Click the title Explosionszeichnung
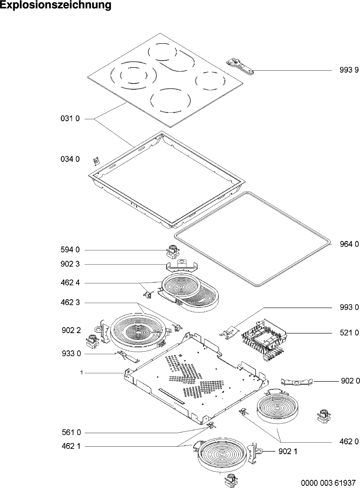(56, 5)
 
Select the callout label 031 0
(70, 119)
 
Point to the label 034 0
(70, 159)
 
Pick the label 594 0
(70, 250)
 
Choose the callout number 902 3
(70, 264)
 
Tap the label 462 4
(70, 283)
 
